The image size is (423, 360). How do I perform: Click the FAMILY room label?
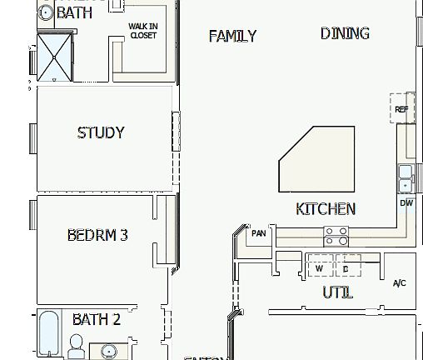pos(232,36)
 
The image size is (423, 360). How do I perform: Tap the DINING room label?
pos(345,33)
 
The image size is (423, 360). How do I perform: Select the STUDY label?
pos(101,132)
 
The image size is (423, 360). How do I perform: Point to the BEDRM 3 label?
pos(97,235)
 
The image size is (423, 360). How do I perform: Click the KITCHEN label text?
pos(326,209)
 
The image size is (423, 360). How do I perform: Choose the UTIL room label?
pos(337,292)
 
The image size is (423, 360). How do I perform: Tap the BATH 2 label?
pos(97,319)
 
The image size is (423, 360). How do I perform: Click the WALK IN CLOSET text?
pos(143,31)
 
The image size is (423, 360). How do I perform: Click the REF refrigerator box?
pos(402,108)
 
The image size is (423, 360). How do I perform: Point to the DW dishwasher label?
pos(406,202)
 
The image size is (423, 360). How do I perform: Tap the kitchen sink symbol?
pos(406,177)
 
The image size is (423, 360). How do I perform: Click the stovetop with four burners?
pos(336,236)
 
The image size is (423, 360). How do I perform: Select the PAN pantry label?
pos(258,233)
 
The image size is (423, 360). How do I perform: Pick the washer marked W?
pos(319,267)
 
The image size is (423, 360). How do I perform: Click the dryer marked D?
pos(346,267)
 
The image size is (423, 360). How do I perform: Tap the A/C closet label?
pos(400,283)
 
